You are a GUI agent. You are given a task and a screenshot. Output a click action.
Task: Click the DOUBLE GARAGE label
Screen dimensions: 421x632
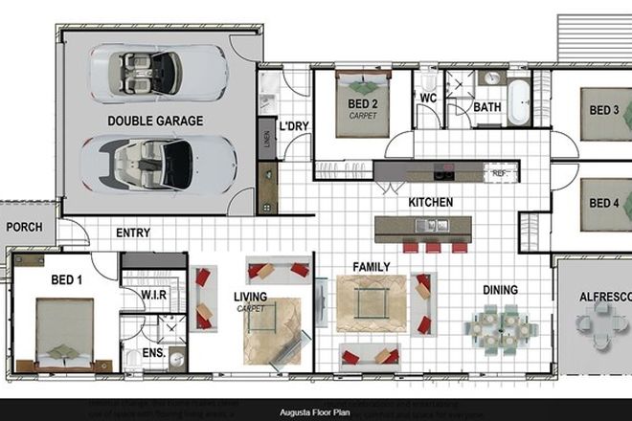click(155, 121)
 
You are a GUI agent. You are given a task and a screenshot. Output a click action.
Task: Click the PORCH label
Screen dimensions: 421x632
click(24, 227)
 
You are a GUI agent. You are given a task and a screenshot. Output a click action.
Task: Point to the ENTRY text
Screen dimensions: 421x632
click(132, 233)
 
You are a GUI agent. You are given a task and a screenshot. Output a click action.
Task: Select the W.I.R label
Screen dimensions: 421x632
click(154, 295)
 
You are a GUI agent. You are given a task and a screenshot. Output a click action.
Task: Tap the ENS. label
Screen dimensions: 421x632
click(154, 353)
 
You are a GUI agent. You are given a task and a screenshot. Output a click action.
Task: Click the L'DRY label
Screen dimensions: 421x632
click(292, 125)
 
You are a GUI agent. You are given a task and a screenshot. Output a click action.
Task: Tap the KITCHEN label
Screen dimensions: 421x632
click(430, 203)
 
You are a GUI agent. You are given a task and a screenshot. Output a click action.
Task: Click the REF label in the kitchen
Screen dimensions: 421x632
click(499, 174)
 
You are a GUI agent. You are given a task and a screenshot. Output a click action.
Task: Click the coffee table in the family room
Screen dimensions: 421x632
click(371, 303)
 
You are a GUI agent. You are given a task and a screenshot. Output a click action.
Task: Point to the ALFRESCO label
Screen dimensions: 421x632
click(604, 298)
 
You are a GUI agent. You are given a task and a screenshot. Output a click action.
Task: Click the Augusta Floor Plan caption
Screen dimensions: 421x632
click(315, 412)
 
